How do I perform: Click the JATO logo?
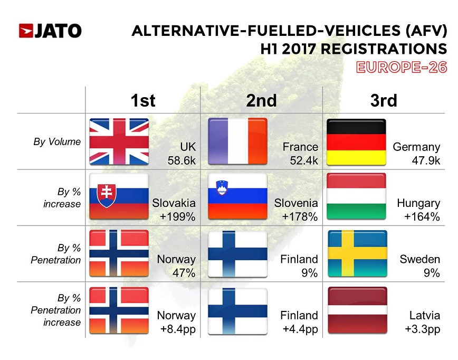50,31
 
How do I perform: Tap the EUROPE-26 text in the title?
401,67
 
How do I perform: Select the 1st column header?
143,100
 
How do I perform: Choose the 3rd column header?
383,100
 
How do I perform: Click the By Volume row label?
63,141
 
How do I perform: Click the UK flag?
119,141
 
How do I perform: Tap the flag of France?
237,141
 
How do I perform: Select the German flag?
357,141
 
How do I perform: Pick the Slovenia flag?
237,197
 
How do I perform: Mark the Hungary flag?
357,197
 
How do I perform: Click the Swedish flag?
357,253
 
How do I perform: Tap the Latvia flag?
357,310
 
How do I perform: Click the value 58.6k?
182,160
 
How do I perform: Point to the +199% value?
178,216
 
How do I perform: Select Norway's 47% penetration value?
184,273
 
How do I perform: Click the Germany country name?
416,147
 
